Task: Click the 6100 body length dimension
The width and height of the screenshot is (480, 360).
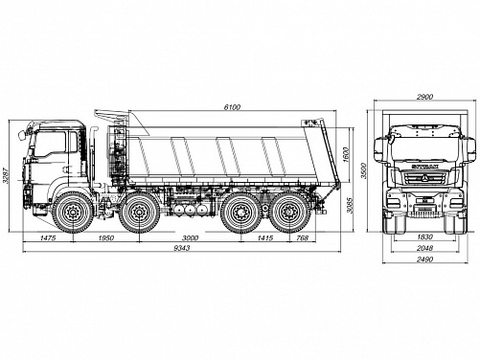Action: point(232,107)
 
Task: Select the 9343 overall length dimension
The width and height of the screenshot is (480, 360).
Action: point(182,248)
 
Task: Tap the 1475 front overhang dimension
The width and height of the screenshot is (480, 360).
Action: point(48,237)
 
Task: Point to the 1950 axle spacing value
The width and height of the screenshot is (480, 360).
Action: point(106,237)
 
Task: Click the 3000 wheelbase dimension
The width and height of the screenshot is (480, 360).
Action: point(190,237)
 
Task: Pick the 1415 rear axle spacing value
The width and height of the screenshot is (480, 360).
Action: point(265,237)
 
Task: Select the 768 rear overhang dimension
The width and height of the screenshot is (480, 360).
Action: point(303,237)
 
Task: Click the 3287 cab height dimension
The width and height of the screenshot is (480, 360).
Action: point(5,176)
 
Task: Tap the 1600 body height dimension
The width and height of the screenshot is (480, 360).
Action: point(347,155)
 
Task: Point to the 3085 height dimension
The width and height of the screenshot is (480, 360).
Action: point(350,205)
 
